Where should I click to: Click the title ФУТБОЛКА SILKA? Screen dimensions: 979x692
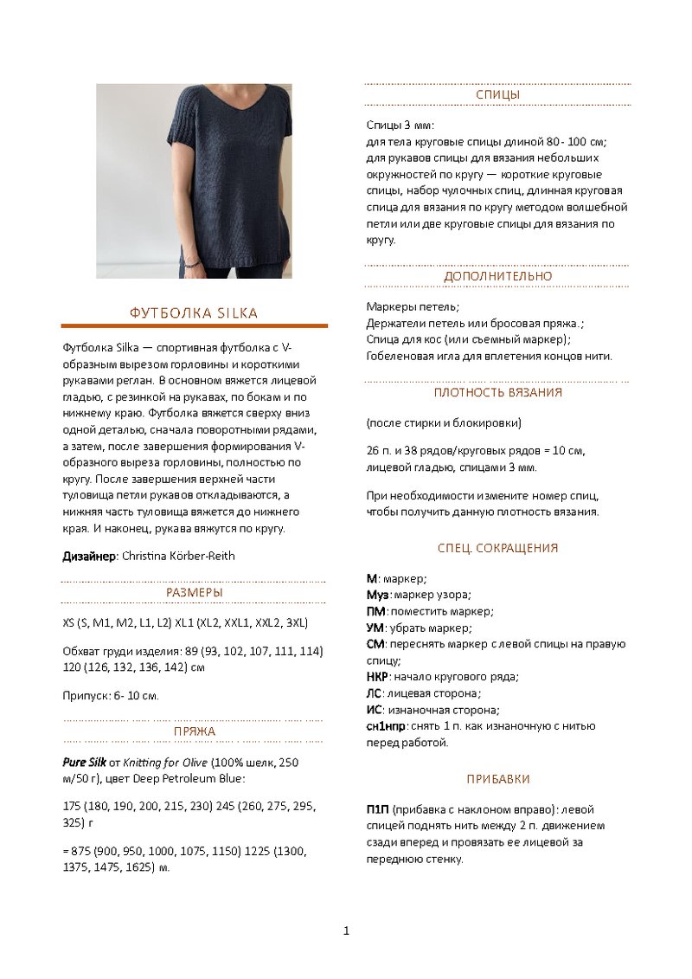[x=194, y=312]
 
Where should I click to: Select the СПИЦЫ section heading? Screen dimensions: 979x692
[x=497, y=94]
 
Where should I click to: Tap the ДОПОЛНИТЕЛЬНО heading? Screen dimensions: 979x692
[x=497, y=276]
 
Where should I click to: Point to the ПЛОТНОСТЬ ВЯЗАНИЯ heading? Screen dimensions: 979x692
[x=497, y=392]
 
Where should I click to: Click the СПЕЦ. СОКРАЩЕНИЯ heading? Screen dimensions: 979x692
[x=497, y=548]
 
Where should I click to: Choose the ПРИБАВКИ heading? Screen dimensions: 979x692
[x=497, y=779]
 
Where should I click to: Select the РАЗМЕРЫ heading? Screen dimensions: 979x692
[x=194, y=593]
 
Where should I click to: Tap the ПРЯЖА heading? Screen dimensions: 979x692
[x=194, y=731]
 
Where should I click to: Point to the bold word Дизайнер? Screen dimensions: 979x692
[x=88, y=556]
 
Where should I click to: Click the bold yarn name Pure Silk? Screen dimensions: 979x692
[x=85, y=763]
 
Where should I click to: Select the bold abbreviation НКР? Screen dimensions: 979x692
[x=376, y=676]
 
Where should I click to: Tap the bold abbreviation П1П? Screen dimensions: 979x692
[x=377, y=809]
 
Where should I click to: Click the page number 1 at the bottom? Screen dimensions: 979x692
[x=346, y=931]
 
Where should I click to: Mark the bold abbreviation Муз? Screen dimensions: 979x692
[x=377, y=595]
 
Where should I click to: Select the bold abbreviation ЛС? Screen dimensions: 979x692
[x=374, y=693]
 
